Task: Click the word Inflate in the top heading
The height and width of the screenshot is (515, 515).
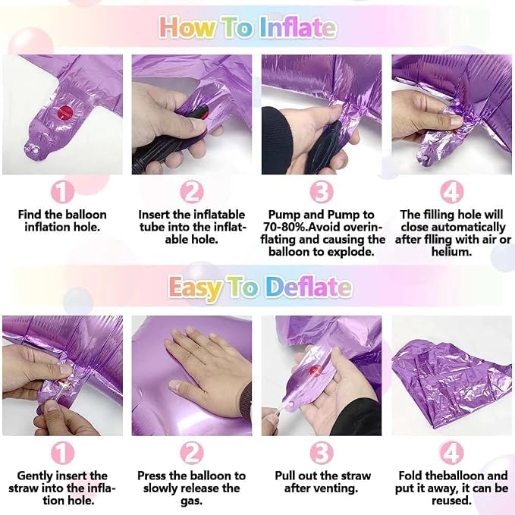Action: click(x=297, y=27)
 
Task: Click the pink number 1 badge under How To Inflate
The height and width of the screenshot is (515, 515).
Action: click(x=62, y=193)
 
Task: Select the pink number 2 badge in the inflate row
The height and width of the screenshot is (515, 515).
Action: click(x=192, y=193)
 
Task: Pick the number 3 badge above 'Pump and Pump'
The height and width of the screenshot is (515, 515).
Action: click(x=322, y=193)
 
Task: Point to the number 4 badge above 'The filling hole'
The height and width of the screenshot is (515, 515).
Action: click(x=451, y=193)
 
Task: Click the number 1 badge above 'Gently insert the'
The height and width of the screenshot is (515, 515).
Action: click(x=62, y=454)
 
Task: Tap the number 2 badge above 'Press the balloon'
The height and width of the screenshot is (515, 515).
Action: click(x=192, y=454)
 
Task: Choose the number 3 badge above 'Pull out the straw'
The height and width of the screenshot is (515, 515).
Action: click(x=322, y=454)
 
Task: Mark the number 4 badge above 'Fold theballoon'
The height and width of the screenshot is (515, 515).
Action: click(x=451, y=454)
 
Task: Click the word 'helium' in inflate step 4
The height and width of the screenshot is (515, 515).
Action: click(x=451, y=252)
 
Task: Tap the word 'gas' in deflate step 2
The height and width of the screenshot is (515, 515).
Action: click(x=191, y=501)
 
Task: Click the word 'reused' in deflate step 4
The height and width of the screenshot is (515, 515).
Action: click(x=451, y=501)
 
